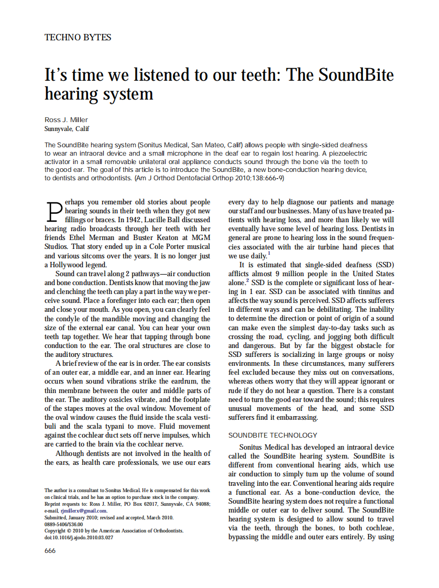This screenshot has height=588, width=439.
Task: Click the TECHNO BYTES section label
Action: pyautogui.click(x=78, y=37)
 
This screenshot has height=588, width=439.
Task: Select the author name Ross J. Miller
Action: pyautogui.click(x=66, y=119)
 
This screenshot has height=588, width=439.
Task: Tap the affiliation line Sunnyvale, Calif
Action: pyautogui.click(x=67, y=128)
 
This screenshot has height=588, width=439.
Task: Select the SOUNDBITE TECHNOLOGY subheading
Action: pyautogui.click(x=273, y=435)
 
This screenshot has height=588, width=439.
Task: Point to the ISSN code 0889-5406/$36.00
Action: pyautogui.click(x=63, y=524)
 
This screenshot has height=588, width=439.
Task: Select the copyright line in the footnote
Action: pyautogui.click(x=114, y=530)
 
